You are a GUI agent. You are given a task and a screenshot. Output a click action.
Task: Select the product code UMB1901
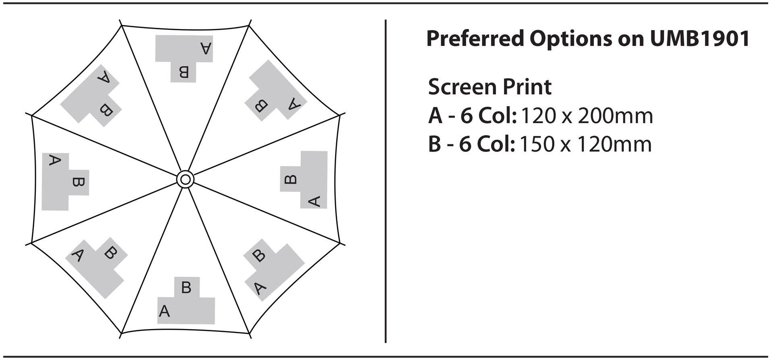coord(700,39)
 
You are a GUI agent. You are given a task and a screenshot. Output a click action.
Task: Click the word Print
coord(527,87)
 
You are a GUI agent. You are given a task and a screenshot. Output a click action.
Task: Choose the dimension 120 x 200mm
coord(587,116)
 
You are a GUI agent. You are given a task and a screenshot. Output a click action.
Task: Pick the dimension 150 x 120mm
coord(585,144)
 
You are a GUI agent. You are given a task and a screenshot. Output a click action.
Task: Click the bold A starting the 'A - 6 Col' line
coord(435,116)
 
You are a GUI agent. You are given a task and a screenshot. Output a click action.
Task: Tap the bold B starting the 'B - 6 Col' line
coord(434,144)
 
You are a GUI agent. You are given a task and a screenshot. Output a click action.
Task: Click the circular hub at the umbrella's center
coord(185,179)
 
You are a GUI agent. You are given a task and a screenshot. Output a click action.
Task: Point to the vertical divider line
coord(386,181)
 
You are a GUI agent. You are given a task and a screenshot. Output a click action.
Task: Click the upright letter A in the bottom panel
coord(164,311)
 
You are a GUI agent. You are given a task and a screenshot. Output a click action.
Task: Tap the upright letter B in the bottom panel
coord(186,288)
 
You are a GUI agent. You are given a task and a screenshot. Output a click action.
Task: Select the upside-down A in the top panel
coord(206,48)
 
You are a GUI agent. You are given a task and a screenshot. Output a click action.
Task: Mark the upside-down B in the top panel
coord(184,72)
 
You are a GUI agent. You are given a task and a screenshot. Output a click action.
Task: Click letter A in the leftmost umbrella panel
coord(54,160)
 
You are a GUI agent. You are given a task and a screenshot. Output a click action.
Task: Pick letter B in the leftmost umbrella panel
coord(78,182)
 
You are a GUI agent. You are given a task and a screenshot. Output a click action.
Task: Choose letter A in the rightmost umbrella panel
coord(314,201)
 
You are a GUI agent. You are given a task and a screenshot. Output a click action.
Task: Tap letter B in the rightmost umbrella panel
coord(291,179)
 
